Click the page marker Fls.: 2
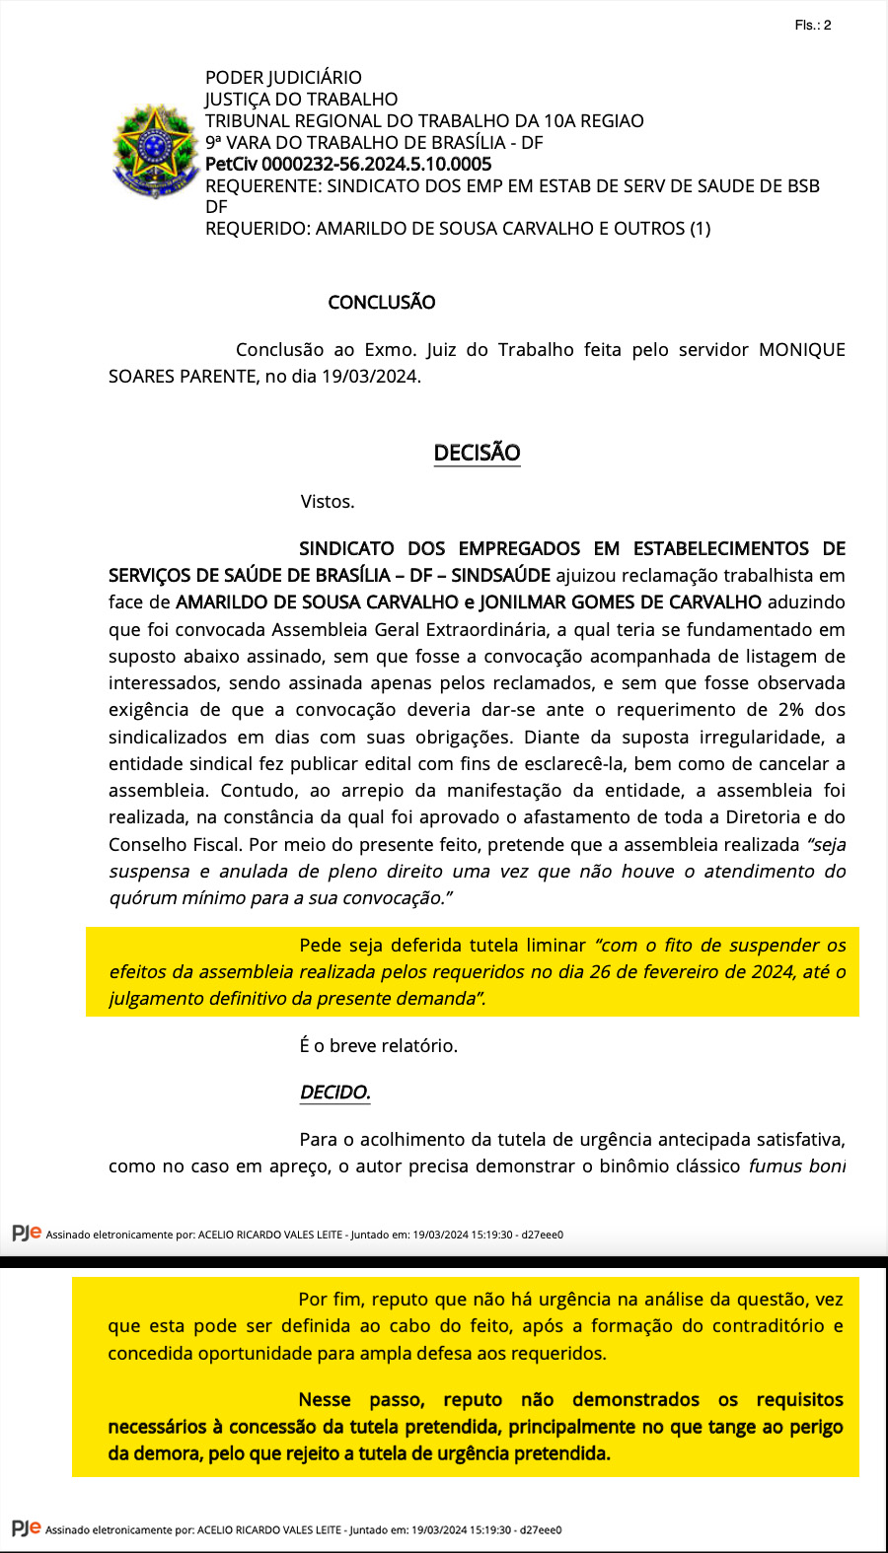click(812, 25)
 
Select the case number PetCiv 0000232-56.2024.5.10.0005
click(347, 164)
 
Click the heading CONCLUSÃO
click(381, 302)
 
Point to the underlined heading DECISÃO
click(477, 453)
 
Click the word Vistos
click(328, 501)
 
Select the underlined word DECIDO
click(334, 1093)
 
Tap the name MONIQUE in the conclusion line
click(801, 349)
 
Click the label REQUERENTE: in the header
click(263, 185)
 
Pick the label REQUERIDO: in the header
click(258, 228)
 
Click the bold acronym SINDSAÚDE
click(504, 575)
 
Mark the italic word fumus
click(777, 1165)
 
